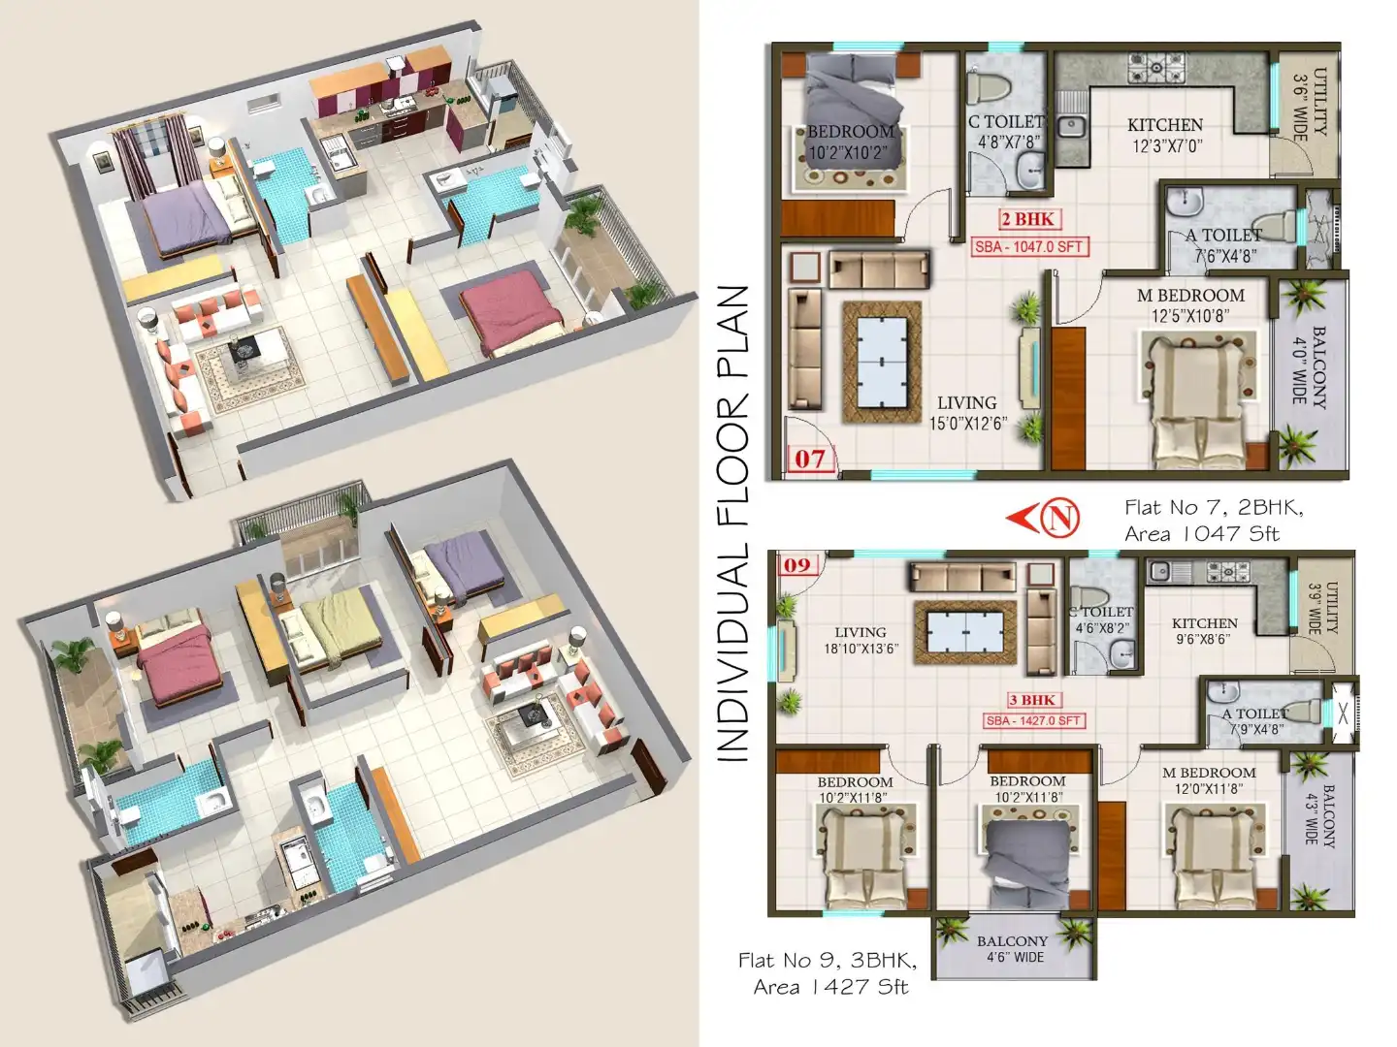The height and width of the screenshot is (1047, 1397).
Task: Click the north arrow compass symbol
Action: [1045, 517]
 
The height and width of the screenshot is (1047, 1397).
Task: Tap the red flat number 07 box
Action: [809, 458]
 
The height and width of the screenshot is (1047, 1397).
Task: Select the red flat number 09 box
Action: [797, 564]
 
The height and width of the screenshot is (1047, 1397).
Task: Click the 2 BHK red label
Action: [1027, 219]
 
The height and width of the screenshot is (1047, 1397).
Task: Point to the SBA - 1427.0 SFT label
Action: [1033, 720]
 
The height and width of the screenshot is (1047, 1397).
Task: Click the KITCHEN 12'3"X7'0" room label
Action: [1165, 135]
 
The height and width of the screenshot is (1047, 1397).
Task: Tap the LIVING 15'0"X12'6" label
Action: [967, 412]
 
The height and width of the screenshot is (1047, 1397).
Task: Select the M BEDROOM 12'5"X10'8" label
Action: [1190, 304]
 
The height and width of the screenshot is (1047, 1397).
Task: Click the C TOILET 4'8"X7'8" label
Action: [1007, 131]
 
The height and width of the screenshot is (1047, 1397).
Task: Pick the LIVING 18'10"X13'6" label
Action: [861, 640]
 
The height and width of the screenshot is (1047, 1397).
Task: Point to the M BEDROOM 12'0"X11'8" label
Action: [1209, 780]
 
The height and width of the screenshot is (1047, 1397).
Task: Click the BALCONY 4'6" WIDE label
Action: [1012, 949]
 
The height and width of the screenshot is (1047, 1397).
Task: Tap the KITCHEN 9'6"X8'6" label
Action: [1204, 631]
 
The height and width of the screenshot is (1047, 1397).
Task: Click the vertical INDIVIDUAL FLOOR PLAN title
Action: [733, 523]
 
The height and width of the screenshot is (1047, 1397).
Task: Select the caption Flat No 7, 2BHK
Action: [1214, 507]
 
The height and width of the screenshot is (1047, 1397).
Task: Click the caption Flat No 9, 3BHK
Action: [827, 961]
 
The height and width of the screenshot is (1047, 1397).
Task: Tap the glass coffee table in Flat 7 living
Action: [882, 362]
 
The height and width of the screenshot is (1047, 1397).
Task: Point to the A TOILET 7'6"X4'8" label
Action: [1224, 245]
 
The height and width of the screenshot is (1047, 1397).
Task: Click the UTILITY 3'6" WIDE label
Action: [1311, 104]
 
